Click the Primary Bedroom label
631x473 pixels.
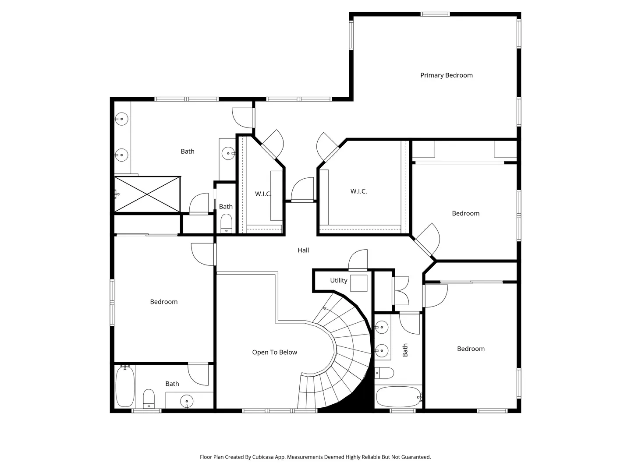446,75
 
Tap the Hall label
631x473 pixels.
303,250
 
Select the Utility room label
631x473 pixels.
338,280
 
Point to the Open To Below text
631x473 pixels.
274,353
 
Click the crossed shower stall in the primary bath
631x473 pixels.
147,194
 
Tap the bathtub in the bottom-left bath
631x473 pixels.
125,386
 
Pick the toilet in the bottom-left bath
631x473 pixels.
149,399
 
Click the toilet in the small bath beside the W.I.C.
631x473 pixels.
226,223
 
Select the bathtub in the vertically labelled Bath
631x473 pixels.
398,397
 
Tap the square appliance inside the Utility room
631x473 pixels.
358,283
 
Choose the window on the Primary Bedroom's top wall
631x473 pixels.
435,14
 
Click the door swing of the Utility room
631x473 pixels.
358,259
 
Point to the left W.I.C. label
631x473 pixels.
263,194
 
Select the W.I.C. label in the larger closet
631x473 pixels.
358,191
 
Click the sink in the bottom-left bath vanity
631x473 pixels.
187,401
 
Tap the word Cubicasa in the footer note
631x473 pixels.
263,457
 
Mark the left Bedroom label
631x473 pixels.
163,302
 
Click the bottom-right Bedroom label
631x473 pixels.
471,349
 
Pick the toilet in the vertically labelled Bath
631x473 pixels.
384,373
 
